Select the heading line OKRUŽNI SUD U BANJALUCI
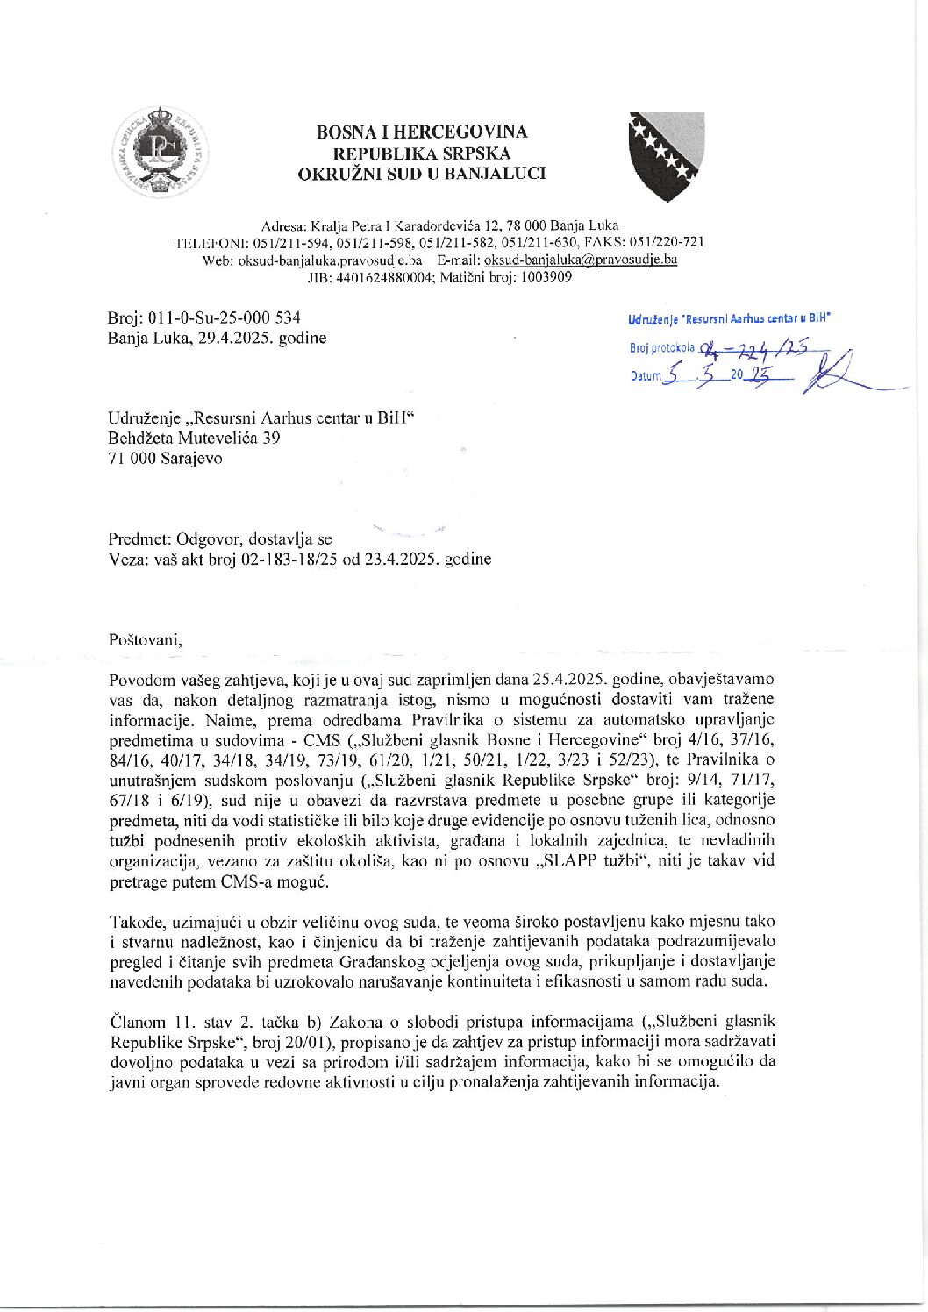pyautogui.click(x=422, y=174)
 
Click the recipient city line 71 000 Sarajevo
pyautogui.click(x=165, y=458)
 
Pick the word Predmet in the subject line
pyautogui.click(x=139, y=539)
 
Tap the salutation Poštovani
pyautogui.click(x=146, y=638)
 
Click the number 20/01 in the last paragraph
pyautogui.click(x=318, y=1042)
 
